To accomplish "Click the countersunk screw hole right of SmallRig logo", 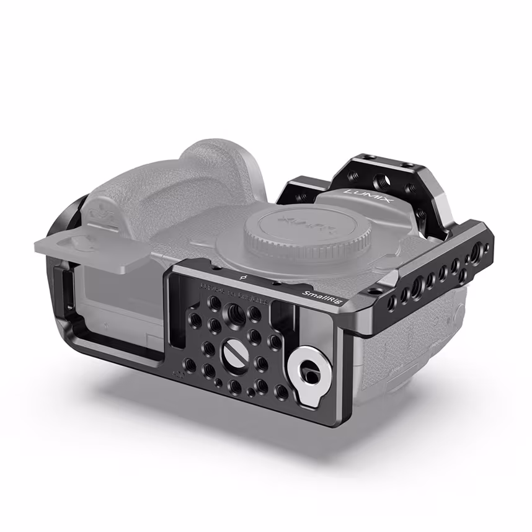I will coord(371,291).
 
